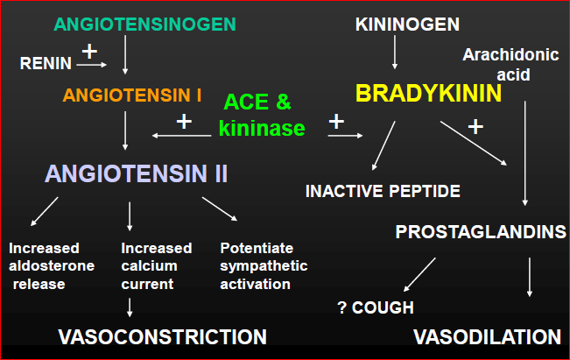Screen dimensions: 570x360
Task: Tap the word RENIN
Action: click(45, 63)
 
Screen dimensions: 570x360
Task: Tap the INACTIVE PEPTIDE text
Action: click(383, 190)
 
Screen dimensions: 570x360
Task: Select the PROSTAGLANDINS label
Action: click(481, 232)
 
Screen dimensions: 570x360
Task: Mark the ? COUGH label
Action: click(376, 307)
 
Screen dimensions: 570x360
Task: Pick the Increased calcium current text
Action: click(150, 265)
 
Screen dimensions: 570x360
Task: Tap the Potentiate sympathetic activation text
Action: click(264, 265)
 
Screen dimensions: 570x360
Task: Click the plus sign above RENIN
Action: click(89, 50)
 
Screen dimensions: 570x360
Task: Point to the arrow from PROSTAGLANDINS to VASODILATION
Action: click(529, 278)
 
